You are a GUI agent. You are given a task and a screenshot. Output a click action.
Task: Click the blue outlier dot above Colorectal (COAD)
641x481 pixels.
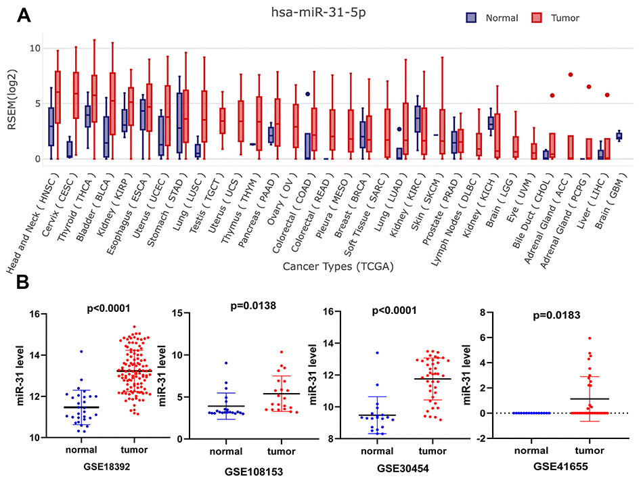click(308, 95)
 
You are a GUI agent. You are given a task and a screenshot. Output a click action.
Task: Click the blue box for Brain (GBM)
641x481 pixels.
click(619, 136)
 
